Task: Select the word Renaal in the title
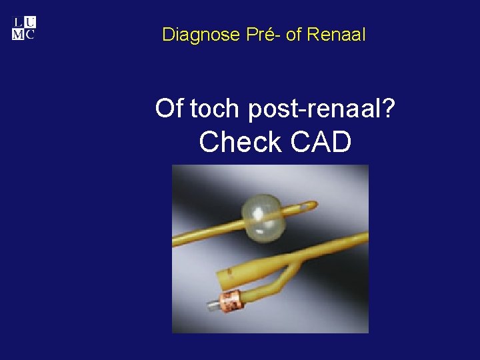click(x=336, y=34)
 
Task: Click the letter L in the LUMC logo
click(x=18, y=23)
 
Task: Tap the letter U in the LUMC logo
click(x=30, y=23)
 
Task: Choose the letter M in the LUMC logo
click(x=18, y=35)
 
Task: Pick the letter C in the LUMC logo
click(x=30, y=35)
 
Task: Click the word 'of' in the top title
click(x=293, y=34)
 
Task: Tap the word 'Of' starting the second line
click(x=169, y=108)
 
